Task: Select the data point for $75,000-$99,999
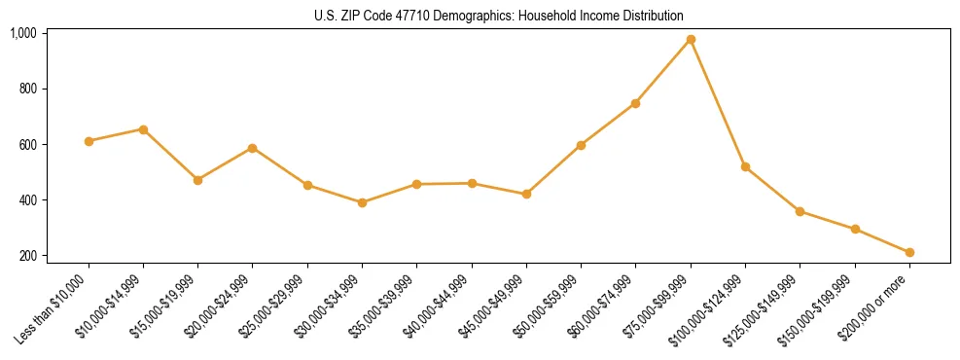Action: click(x=691, y=39)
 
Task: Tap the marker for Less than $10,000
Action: click(x=89, y=141)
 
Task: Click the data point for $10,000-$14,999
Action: click(x=143, y=129)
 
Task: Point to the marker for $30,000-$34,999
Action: click(x=362, y=202)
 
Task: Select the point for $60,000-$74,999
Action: click(x=635, y=103)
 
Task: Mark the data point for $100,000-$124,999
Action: click(x=745, y=167)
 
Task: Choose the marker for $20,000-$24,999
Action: click(x=252, y=148)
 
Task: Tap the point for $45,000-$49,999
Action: click(x=526, y=194)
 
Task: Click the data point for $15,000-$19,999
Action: click(x=197, y=180)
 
